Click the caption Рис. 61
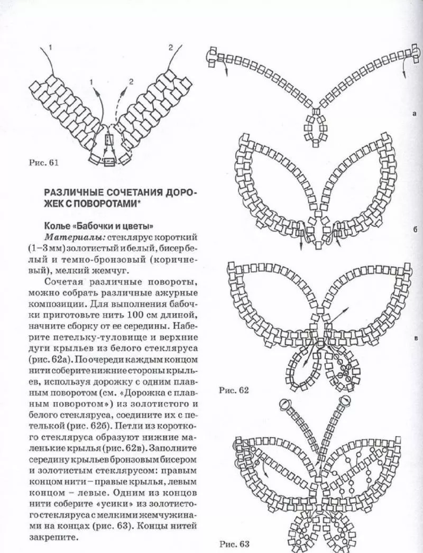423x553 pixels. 43,163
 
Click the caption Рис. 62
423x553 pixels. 233,391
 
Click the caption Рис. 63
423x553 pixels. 233,543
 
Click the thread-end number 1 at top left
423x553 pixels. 50,48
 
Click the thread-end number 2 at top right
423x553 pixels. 170,48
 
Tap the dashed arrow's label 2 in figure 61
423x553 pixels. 132,81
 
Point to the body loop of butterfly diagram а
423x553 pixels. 316,128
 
